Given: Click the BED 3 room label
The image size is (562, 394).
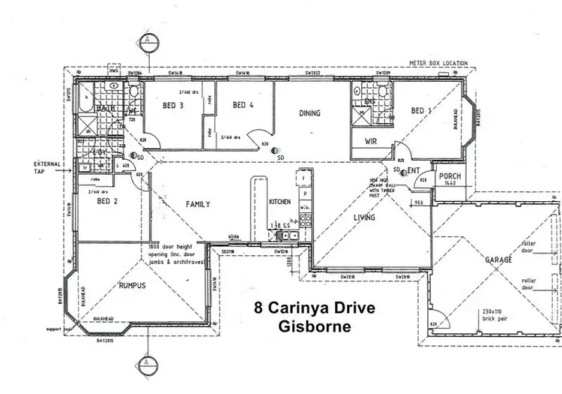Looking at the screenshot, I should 173,105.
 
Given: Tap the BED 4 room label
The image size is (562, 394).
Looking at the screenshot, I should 244,105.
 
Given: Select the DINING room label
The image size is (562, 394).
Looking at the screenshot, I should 310,114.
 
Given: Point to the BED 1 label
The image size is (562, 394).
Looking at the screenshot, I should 421,111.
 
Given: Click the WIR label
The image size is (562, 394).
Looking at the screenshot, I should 370,141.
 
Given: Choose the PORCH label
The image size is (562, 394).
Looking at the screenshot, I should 450,176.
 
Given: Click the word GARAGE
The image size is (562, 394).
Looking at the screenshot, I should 499,259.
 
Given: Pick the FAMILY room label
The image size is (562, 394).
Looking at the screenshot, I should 198,204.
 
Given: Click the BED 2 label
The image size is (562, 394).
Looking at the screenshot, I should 88,203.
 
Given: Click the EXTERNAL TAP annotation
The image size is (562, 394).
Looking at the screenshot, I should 47,167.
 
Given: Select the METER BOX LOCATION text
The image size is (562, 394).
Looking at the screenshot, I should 438,63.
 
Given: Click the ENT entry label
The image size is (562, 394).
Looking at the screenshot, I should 414,171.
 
